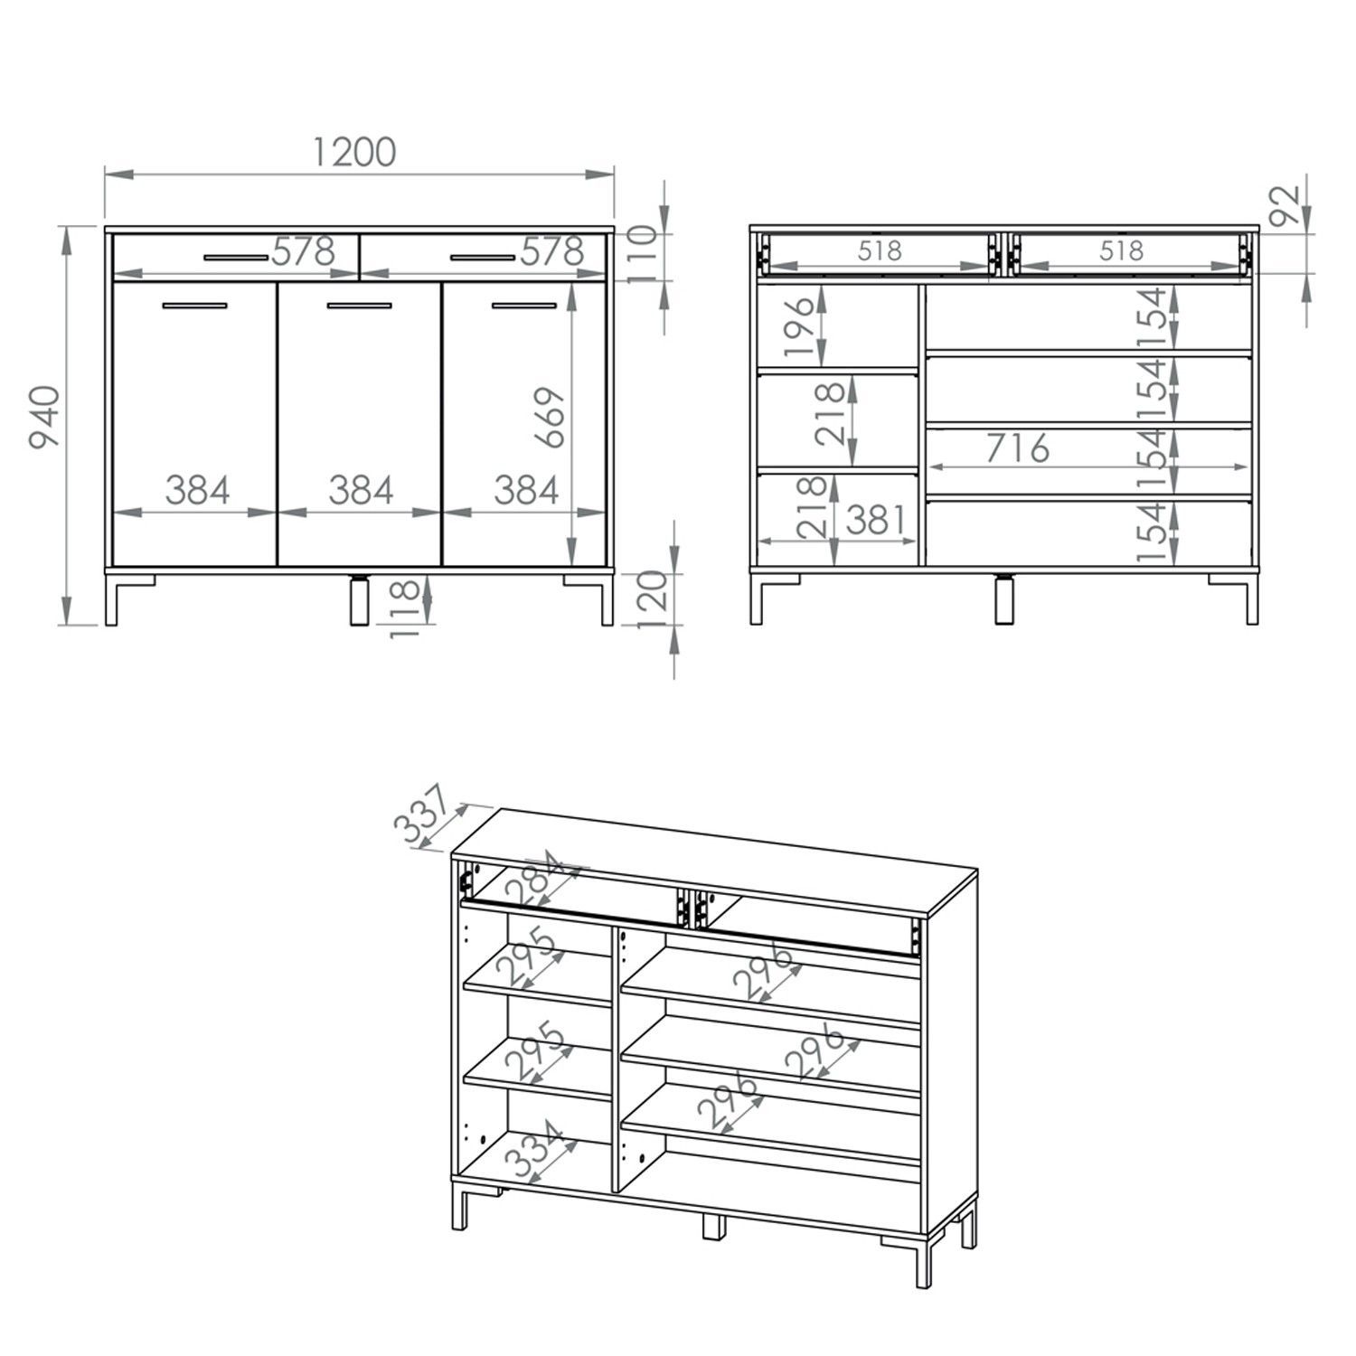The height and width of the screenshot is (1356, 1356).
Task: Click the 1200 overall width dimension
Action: tap(354, 152)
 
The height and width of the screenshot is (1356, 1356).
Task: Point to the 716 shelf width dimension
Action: tap(1017, 447)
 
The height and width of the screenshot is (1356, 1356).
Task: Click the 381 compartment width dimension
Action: tap(875, 520)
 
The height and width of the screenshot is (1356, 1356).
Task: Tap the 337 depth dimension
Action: tap(421, 815)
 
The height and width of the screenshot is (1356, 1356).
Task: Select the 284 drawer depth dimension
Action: tap(539, 880)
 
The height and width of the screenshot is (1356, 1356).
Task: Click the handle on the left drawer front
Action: tap(236, 258)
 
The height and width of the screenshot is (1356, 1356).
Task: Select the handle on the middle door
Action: tap(359, 306)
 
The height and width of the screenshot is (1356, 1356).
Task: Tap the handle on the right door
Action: tap(524, 306)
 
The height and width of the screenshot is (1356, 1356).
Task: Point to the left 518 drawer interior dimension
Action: tap(880, 250)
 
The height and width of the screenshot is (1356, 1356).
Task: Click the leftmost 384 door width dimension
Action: tap(197, 490)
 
